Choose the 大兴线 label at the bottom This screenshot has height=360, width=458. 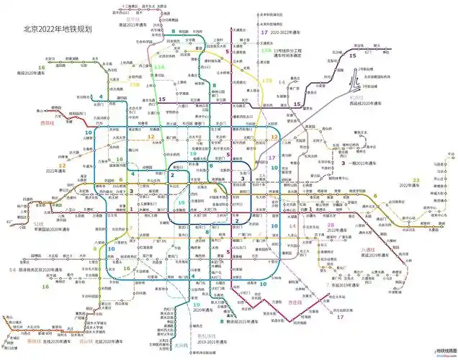pyautogui.click(x=181, y=345)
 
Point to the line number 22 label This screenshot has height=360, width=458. pyautogui.click(x=415, y=179)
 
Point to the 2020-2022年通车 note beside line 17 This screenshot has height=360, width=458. pyautogui.click(x=291, y=33)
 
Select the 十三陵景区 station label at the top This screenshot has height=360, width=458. pyautogui.click(x=130, y=5)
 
